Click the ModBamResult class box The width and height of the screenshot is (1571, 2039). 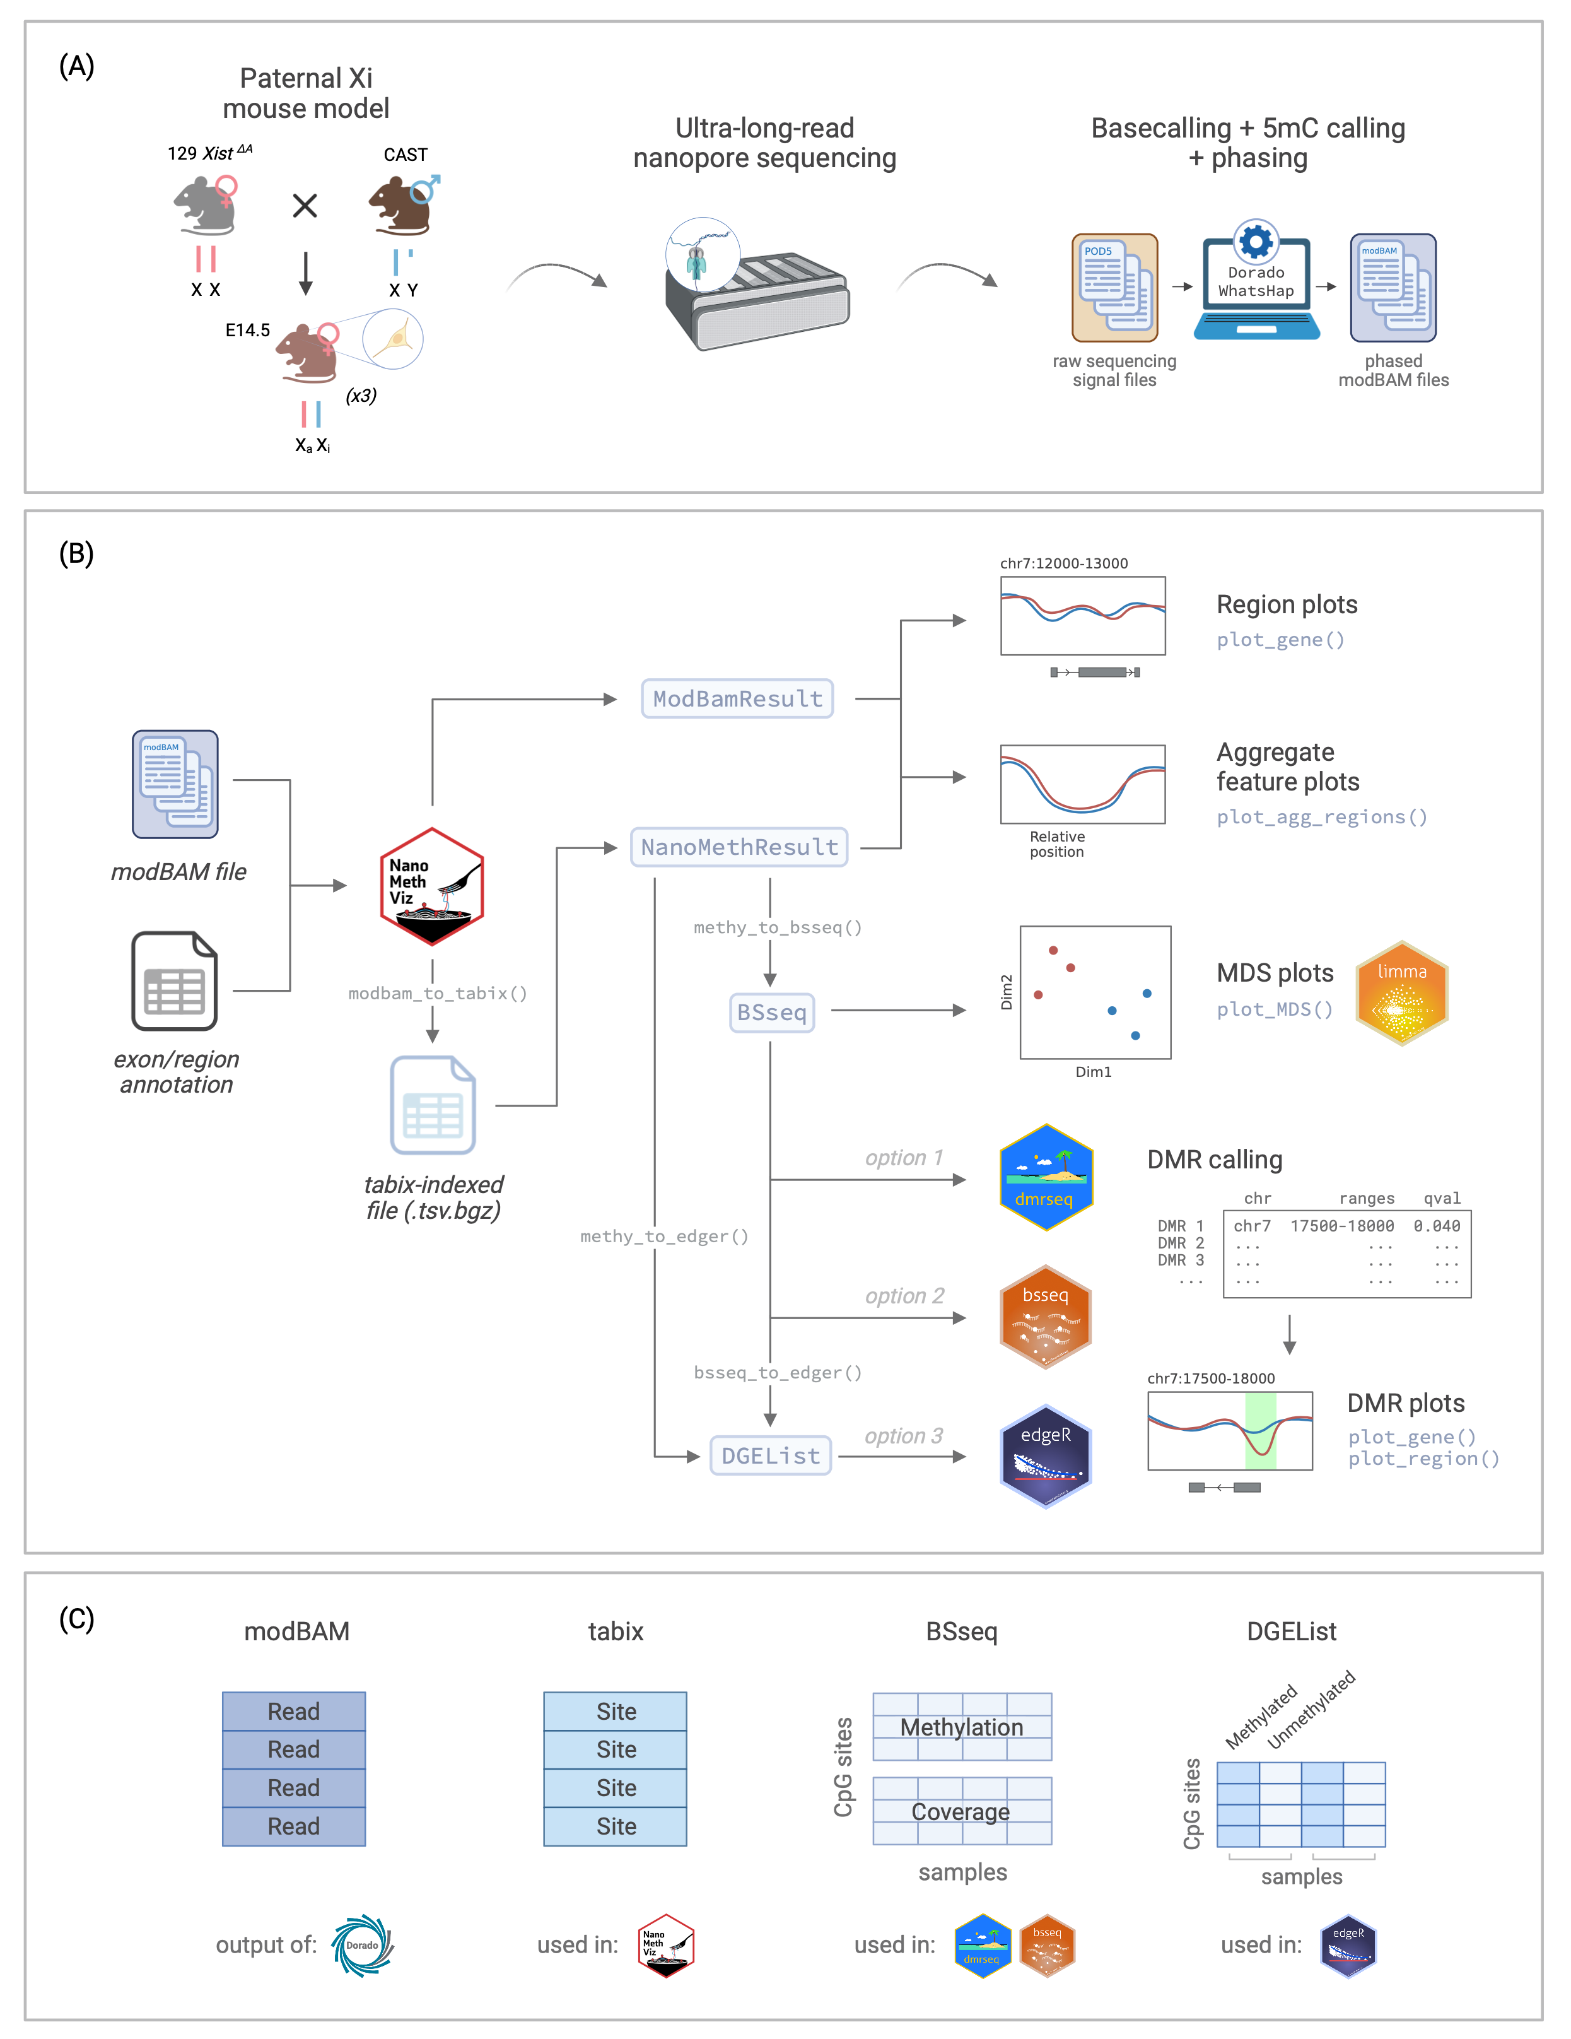click(737, 698)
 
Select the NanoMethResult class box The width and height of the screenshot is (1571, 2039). click(739, 847)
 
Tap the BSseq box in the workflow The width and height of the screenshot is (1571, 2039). click(771, 1012)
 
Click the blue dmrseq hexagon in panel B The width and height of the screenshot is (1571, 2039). click(1046, 1177)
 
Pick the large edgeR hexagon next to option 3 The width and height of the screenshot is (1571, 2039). click(1046, 1455)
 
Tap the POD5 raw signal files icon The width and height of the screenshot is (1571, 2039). click(1114, 288)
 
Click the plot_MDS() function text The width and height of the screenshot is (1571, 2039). click(1274, 1009)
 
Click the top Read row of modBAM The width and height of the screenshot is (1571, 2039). click(294, 1712)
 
